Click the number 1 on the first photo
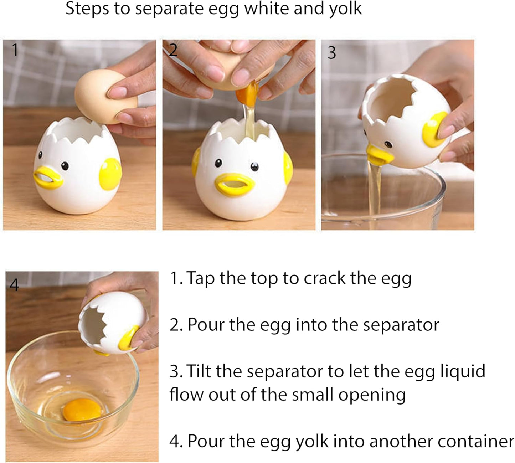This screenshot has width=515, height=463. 15,50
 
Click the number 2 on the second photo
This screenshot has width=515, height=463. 173,50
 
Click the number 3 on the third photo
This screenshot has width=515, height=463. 331,53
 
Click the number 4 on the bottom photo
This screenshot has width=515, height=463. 14,285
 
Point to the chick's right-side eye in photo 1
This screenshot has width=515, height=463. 65,165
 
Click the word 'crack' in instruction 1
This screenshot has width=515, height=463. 324,278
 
